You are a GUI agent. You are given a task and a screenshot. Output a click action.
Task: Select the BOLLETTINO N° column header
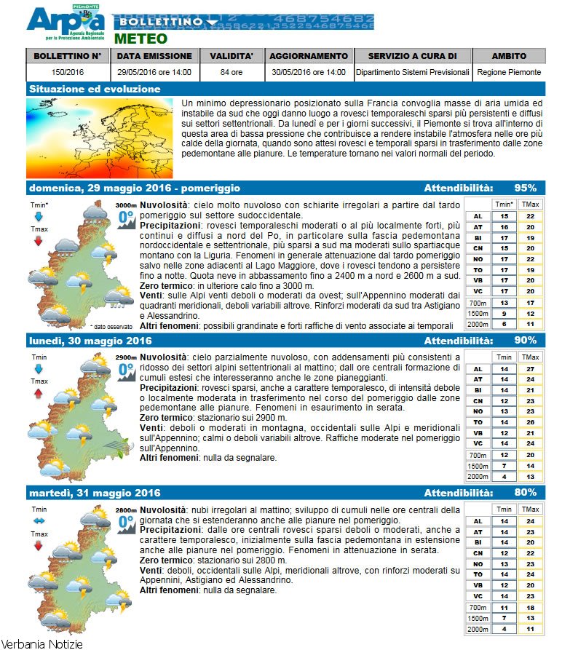(x=67, y=56)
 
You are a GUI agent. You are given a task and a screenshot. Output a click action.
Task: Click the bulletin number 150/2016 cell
(x=67, y=73)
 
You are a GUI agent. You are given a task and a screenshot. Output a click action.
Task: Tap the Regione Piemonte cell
(x=509, y=73)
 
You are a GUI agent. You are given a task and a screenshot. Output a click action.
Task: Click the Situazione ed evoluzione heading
(x=95, y=90)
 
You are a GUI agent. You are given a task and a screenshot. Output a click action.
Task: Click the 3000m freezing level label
(x=125, y=206)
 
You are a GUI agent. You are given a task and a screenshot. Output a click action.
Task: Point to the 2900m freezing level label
(x=125, y=358)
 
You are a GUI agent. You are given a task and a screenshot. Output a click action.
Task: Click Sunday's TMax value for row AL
(x=530, y=216)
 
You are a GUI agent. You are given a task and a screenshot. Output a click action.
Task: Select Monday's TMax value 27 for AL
(x=530, y=369)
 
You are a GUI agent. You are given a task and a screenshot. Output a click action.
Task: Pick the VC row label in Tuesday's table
(x=478, y=596)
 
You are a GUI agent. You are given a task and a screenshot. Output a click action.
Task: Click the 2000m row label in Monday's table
(x=478, y=477)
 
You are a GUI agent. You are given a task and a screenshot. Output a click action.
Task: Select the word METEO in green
(x=140, y=39)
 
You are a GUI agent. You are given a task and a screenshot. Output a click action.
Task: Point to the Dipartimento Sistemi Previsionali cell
(x=412, y=73)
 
